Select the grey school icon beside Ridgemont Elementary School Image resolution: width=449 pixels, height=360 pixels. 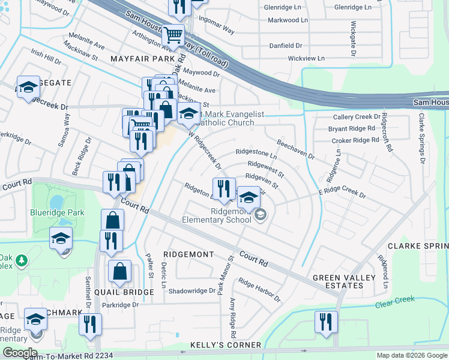261,214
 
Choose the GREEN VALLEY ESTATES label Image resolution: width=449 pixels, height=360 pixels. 338,282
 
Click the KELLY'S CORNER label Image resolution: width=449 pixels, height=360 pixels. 225,345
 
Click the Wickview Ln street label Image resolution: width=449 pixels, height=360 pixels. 306,58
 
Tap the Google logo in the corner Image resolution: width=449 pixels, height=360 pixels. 20,353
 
